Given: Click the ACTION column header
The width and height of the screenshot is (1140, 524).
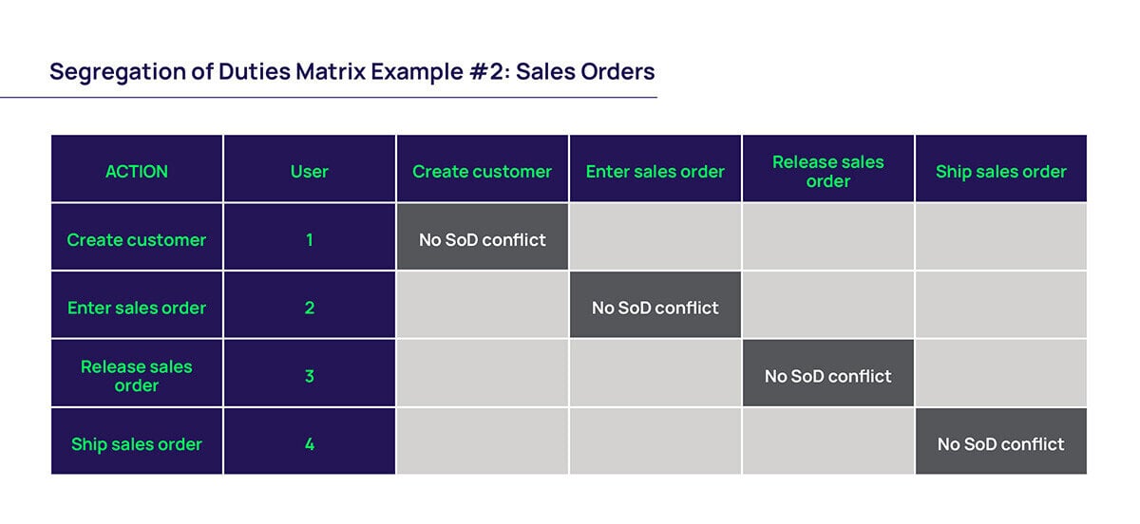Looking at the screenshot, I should tap(137, 172).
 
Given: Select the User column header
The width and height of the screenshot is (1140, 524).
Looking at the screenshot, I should tap(310, 172).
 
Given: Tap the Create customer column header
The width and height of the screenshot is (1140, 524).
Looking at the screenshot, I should tap(482, 172).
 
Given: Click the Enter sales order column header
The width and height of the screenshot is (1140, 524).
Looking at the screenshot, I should tap(655, 172).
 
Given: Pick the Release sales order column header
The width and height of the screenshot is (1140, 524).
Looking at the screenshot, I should tap(827, 171).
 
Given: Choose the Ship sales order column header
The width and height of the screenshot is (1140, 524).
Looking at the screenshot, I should tap(1000, 172).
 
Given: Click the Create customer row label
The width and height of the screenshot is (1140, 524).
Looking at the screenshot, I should tap(137, 240).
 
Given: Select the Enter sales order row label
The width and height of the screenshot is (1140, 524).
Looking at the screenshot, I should tap(137, 308).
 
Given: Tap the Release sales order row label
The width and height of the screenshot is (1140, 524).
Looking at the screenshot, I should tap(137, 376).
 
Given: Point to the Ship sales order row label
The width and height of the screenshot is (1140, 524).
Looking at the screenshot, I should tap(137, 444).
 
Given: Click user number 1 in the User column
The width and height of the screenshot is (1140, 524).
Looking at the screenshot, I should tap(310, 240).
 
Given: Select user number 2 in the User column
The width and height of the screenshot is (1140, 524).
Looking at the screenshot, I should tap(310, 308).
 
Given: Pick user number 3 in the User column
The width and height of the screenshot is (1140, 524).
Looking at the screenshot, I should tap(310, 376).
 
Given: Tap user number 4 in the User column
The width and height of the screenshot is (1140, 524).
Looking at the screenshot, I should tap(310, 444).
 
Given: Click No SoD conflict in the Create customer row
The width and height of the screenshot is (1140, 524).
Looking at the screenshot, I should tap(483, 240).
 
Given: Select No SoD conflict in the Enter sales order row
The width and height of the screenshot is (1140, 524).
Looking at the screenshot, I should tap(655, 308).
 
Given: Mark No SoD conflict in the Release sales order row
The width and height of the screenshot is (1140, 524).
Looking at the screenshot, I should tap(827, 376).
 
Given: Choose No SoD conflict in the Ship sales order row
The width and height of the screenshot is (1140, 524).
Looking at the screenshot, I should tap(1000, 444).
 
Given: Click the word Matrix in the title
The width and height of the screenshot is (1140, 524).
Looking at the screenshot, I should tap(338, 71).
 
